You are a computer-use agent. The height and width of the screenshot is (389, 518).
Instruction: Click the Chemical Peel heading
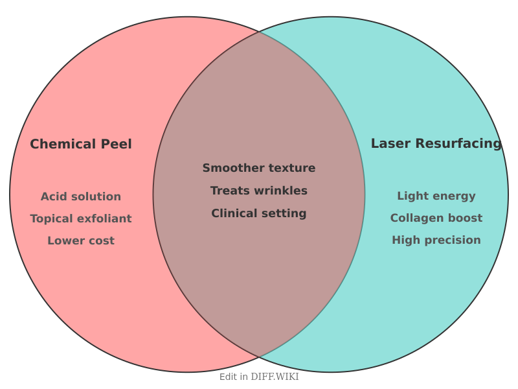pos(81,144)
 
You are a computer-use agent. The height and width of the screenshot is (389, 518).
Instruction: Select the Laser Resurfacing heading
pos(436,143)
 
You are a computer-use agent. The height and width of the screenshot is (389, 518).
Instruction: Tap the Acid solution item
pos(81,196)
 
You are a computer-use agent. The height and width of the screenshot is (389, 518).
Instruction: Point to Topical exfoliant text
pos(81,218)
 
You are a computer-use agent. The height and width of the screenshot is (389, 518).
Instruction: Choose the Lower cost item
pos(81,241)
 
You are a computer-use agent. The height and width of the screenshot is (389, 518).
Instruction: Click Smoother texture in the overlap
pos(259,168)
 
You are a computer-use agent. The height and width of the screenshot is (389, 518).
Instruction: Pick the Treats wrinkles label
pos(259,191)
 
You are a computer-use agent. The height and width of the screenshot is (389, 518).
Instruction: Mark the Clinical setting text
pos(259,213)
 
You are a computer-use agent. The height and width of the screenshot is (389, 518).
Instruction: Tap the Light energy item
pos(436,196)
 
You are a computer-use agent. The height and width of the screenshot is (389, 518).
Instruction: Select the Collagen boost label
pos(436,218)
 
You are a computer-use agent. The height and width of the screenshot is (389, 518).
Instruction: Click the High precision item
pos(436,240)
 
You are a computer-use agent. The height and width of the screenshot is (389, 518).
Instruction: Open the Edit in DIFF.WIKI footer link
pos(259,377)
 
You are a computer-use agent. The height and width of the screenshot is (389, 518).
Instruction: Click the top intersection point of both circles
pos(259,31)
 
